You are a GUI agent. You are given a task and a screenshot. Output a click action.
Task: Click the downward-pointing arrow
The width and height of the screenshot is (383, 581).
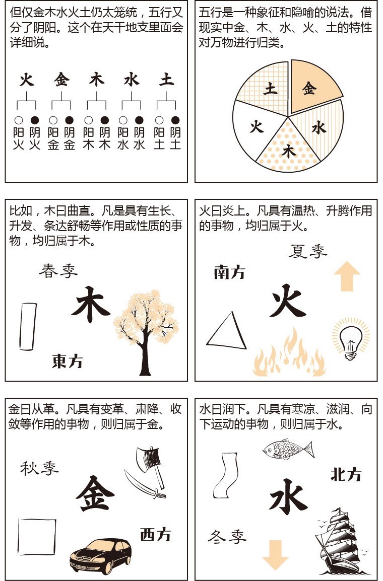point(275,554)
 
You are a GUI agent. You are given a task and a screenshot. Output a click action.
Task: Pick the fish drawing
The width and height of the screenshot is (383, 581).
point(287,448)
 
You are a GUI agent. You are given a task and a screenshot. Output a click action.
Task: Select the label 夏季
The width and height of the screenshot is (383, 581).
point(308,251)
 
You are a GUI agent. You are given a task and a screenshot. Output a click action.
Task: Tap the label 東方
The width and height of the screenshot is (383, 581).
point(67,360)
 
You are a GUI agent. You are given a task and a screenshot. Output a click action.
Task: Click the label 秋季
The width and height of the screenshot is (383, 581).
point(39,468)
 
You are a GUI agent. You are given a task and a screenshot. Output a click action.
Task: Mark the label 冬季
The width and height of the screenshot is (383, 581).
point(227,537)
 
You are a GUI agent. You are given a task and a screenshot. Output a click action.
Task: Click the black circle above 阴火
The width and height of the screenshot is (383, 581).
point(34,120)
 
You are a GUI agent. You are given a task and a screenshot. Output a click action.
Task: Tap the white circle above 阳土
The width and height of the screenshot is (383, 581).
point(159,120)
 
